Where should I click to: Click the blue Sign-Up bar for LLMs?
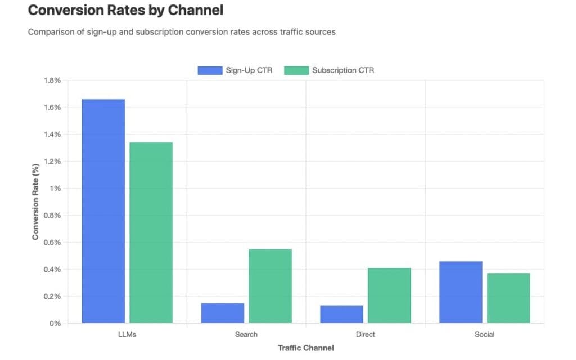(103, 211)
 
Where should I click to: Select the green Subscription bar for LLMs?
(151, 233)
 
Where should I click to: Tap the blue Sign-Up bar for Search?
(222, 313)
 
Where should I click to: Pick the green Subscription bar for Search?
(270, 286)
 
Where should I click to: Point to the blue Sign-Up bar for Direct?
(341, 314)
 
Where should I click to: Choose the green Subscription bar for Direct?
(389, 296)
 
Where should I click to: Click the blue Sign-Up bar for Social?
(461, 292)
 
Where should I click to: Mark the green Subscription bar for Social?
(508, 298)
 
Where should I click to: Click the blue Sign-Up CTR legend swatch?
(210, 70)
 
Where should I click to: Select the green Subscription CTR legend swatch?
(296, 70)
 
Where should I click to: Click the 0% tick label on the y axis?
(55, 323)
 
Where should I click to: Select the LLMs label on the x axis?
(127, 335)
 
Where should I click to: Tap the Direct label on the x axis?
(366, 335)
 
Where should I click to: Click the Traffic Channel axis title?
(305, 348)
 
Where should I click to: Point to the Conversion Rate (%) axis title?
(35, 202)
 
